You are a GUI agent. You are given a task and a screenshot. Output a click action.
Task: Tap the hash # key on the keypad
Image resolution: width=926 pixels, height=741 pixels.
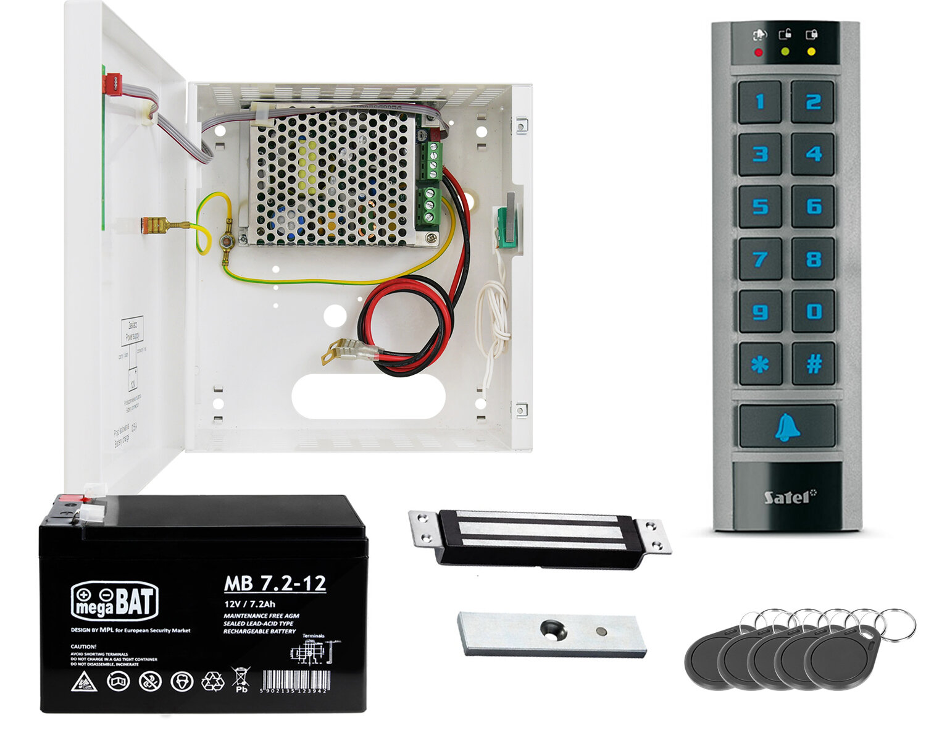[x=814, y=364]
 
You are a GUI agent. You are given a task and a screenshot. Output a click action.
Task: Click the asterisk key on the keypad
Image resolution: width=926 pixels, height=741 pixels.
[x=760, y=364]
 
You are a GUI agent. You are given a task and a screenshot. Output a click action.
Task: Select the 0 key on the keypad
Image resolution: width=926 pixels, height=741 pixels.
[x=814, y=312]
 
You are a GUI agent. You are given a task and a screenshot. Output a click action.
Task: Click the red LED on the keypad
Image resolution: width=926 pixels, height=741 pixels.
[x=758, y=52]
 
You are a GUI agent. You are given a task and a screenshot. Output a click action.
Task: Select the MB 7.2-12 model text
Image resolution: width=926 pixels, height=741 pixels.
[x=275, y=584]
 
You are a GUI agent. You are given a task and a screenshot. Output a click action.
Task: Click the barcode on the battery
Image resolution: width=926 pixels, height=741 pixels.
[x=294, y=680]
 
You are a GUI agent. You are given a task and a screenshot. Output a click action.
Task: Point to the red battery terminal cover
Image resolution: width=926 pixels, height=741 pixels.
[x=69, y=500]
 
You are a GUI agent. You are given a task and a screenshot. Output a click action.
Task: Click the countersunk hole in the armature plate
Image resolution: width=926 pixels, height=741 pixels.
[x=552, y=629]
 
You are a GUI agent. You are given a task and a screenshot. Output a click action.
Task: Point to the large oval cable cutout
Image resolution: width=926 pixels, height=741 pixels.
[x=369, y=396]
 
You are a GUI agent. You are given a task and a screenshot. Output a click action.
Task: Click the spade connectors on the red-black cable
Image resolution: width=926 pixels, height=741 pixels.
[x=351, y=352]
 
